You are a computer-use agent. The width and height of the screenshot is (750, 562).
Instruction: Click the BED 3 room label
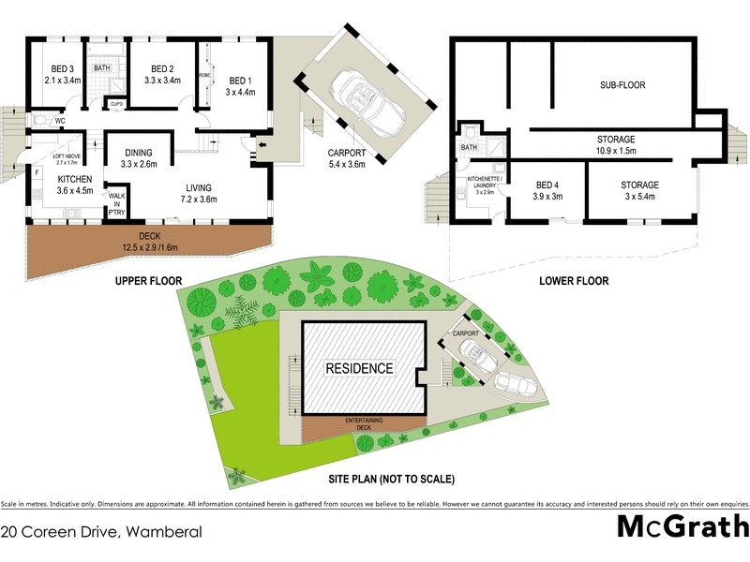pyautogui.click(x=63, y=74)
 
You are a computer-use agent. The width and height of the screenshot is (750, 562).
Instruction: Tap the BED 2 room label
pyautogui.click(x=161, y=74)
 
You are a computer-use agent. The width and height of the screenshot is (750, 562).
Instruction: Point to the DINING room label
pyautogui.click(x=139, y=158)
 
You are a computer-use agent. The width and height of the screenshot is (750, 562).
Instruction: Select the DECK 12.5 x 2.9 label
pyautogui.click(x=148, y=242)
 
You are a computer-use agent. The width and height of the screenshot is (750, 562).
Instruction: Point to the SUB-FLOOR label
pyautogui.click(x=622, y=85)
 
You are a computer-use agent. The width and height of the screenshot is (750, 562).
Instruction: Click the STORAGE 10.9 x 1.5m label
pyautogui.click(x=616, y=144)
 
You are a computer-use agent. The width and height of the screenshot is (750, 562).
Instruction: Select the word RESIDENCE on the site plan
pyautogui.click(x=359, y=368)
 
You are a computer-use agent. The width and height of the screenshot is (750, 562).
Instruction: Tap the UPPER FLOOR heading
pyautogui.click(x=147, y=280)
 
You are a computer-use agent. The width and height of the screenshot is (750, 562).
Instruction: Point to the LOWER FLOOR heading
pyautogui.click(x=575, y=280)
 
